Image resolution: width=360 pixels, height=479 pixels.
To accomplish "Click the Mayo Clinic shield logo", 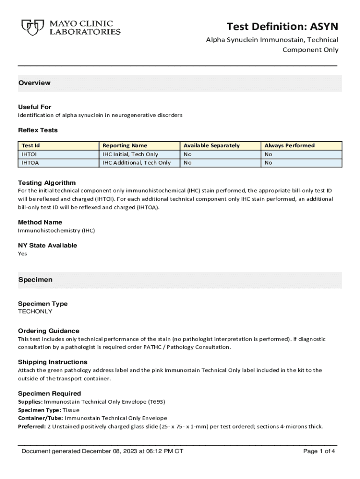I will tap(32, 27).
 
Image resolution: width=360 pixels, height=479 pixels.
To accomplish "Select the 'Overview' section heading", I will tap(34, 83).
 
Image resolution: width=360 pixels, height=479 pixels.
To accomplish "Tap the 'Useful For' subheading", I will tap(35, 107).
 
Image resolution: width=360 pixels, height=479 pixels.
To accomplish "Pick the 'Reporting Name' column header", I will tap(125, 145).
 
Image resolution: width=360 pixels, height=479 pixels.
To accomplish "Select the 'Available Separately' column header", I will tap(211, 145).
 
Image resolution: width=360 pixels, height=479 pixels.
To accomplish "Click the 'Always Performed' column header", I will tap(289, 145).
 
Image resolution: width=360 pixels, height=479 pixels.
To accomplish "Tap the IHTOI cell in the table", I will tap(29, 154).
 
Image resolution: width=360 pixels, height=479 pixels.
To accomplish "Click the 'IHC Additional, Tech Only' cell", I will tap(137, 162).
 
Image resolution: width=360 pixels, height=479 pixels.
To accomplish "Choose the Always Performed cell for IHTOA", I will tap(268, 162).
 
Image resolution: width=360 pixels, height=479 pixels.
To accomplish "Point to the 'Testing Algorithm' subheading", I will tap(47, 182).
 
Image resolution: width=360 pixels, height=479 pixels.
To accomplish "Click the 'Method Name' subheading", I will tap(40, 222).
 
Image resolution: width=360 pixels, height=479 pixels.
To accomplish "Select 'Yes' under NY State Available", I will tap(22, 254).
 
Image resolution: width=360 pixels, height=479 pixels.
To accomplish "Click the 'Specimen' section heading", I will tap(35, 280).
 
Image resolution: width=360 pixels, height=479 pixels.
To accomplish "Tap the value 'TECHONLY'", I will tap(35, 312).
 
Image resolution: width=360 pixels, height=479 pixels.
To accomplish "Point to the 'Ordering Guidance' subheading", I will tap(49, 331).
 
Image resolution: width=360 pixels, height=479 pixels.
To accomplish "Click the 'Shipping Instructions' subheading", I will tap(52, 362).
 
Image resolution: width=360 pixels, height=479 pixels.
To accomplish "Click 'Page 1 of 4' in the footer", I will tap(319, 451).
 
